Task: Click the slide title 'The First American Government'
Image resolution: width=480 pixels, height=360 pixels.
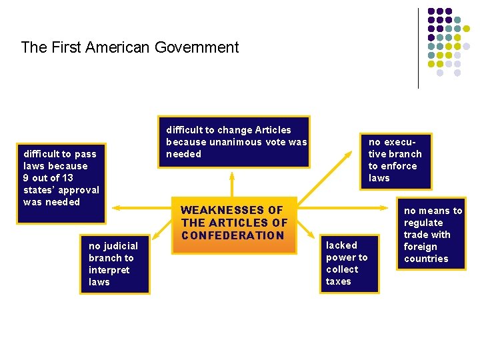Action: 129,47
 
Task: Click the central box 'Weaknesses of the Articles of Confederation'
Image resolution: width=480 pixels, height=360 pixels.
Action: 234,225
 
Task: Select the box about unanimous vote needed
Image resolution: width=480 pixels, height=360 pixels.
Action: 234,142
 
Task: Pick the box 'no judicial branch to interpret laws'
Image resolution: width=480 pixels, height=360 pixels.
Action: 114,264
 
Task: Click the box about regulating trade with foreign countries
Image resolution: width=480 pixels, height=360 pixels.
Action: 433,235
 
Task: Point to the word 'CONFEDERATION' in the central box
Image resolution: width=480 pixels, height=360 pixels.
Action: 233,235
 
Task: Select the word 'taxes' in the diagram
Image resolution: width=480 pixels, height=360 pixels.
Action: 338,281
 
